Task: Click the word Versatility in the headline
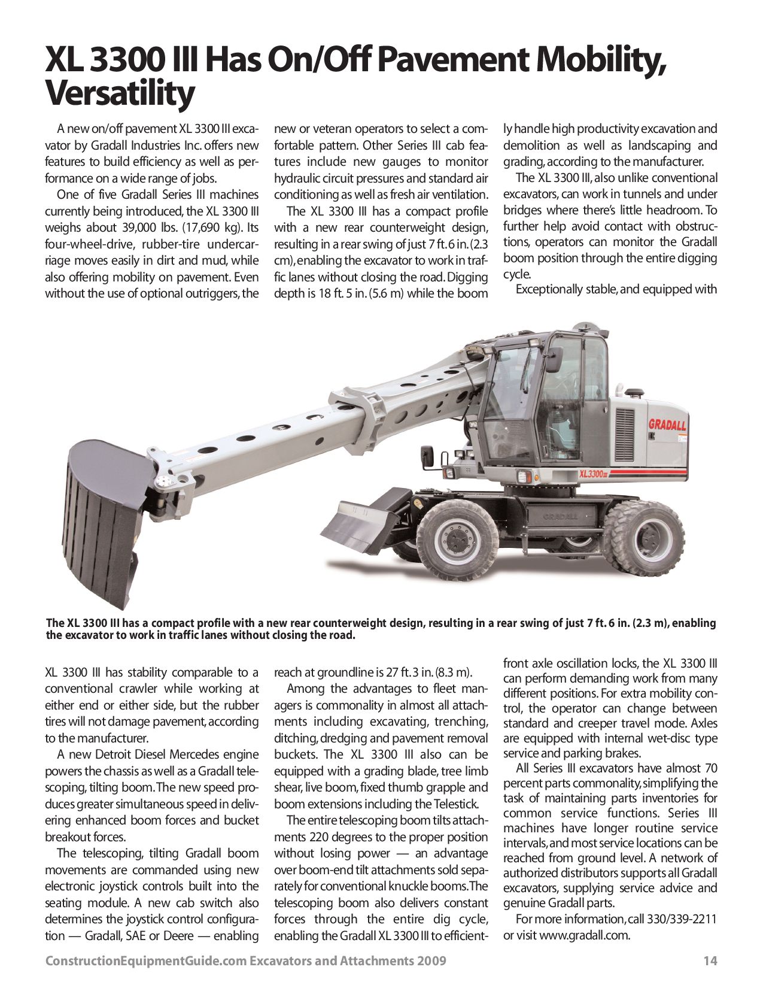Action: (120, 93)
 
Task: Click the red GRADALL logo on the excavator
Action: (667, 425)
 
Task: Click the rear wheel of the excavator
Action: (645, 535)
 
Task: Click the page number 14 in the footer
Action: (710, 961)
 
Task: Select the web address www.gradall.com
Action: (584, 935)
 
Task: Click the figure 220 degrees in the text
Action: (342, 837)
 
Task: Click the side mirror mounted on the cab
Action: (552, 359)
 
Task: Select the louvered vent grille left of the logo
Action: (625, 426)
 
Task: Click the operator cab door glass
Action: (560, 407)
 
